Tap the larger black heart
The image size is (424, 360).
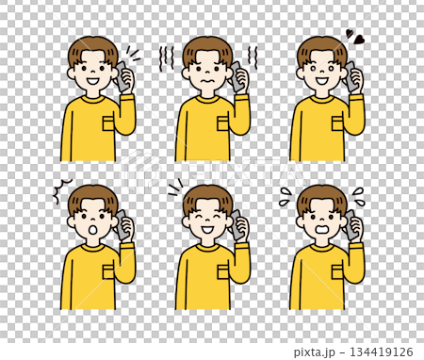360,40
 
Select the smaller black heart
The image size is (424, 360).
348,33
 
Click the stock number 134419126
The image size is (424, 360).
389,352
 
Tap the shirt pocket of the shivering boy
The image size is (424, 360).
222,123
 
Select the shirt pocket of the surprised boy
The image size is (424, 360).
108,271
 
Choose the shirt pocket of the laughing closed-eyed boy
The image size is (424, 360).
222,271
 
